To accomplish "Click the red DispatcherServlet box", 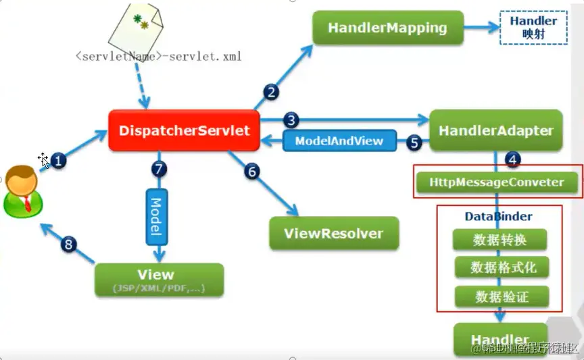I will pos(184,130).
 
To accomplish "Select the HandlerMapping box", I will pos(387,28).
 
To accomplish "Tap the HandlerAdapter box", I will pos(495,131).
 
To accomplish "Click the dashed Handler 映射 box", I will pos(533,27).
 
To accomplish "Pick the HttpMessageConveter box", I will pos(497,182).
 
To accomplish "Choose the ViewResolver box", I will pos(334,234).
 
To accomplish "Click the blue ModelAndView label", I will pos(339,141).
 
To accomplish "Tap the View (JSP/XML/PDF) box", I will pos(159,280).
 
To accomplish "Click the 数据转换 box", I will pos(500,240).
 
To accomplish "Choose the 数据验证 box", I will pos(501,297).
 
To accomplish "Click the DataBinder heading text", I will pos(499,217).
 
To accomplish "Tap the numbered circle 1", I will pos(59,161).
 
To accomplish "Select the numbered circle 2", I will pos(271,93).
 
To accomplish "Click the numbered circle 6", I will pos(251,171).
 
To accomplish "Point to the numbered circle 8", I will pos(68,244).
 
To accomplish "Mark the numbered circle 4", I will pos(513,159).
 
